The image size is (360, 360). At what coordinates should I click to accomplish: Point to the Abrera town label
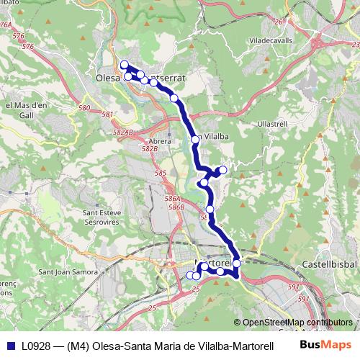click(159, 141)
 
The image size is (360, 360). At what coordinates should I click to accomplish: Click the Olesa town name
click(109, 76)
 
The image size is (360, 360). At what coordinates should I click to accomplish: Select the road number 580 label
click(84, 108)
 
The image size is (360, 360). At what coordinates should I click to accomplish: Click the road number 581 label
click(108, 114)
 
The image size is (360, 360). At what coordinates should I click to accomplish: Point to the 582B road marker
click(149, 149)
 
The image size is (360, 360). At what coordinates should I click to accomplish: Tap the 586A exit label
click(171, 198)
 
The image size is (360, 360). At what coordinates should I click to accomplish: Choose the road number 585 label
click(161, 174)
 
